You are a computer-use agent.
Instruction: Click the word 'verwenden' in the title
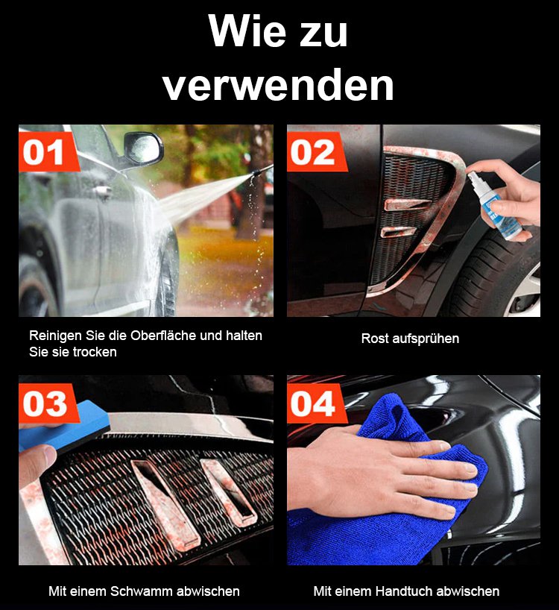pos(278,86)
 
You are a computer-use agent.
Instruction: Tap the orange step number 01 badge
pos(48,151)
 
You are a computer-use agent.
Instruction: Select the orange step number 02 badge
pos(316,151)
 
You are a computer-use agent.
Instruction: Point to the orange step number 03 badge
pos(48,403)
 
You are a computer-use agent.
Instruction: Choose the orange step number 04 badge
pos(316,403)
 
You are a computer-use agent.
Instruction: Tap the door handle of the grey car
pos(103,192)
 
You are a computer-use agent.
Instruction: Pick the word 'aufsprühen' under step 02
pos(426,339)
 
